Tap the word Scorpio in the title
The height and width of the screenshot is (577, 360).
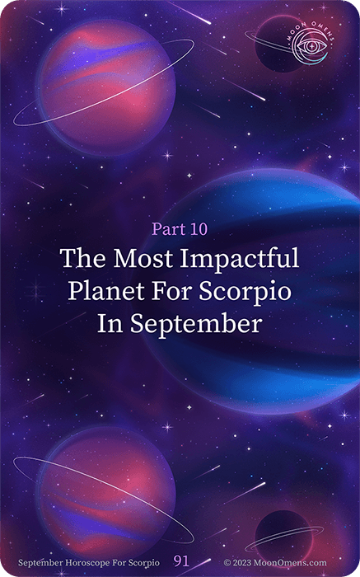245,293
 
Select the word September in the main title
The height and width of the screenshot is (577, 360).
196,325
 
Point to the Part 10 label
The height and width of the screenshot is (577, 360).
180,229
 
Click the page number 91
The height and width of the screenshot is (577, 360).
181,561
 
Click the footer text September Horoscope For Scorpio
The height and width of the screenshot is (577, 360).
89,563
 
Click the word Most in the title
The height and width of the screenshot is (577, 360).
143,258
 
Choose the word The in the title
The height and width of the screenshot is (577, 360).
83,258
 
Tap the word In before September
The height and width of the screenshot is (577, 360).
110,324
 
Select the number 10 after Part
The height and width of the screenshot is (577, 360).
199,229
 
